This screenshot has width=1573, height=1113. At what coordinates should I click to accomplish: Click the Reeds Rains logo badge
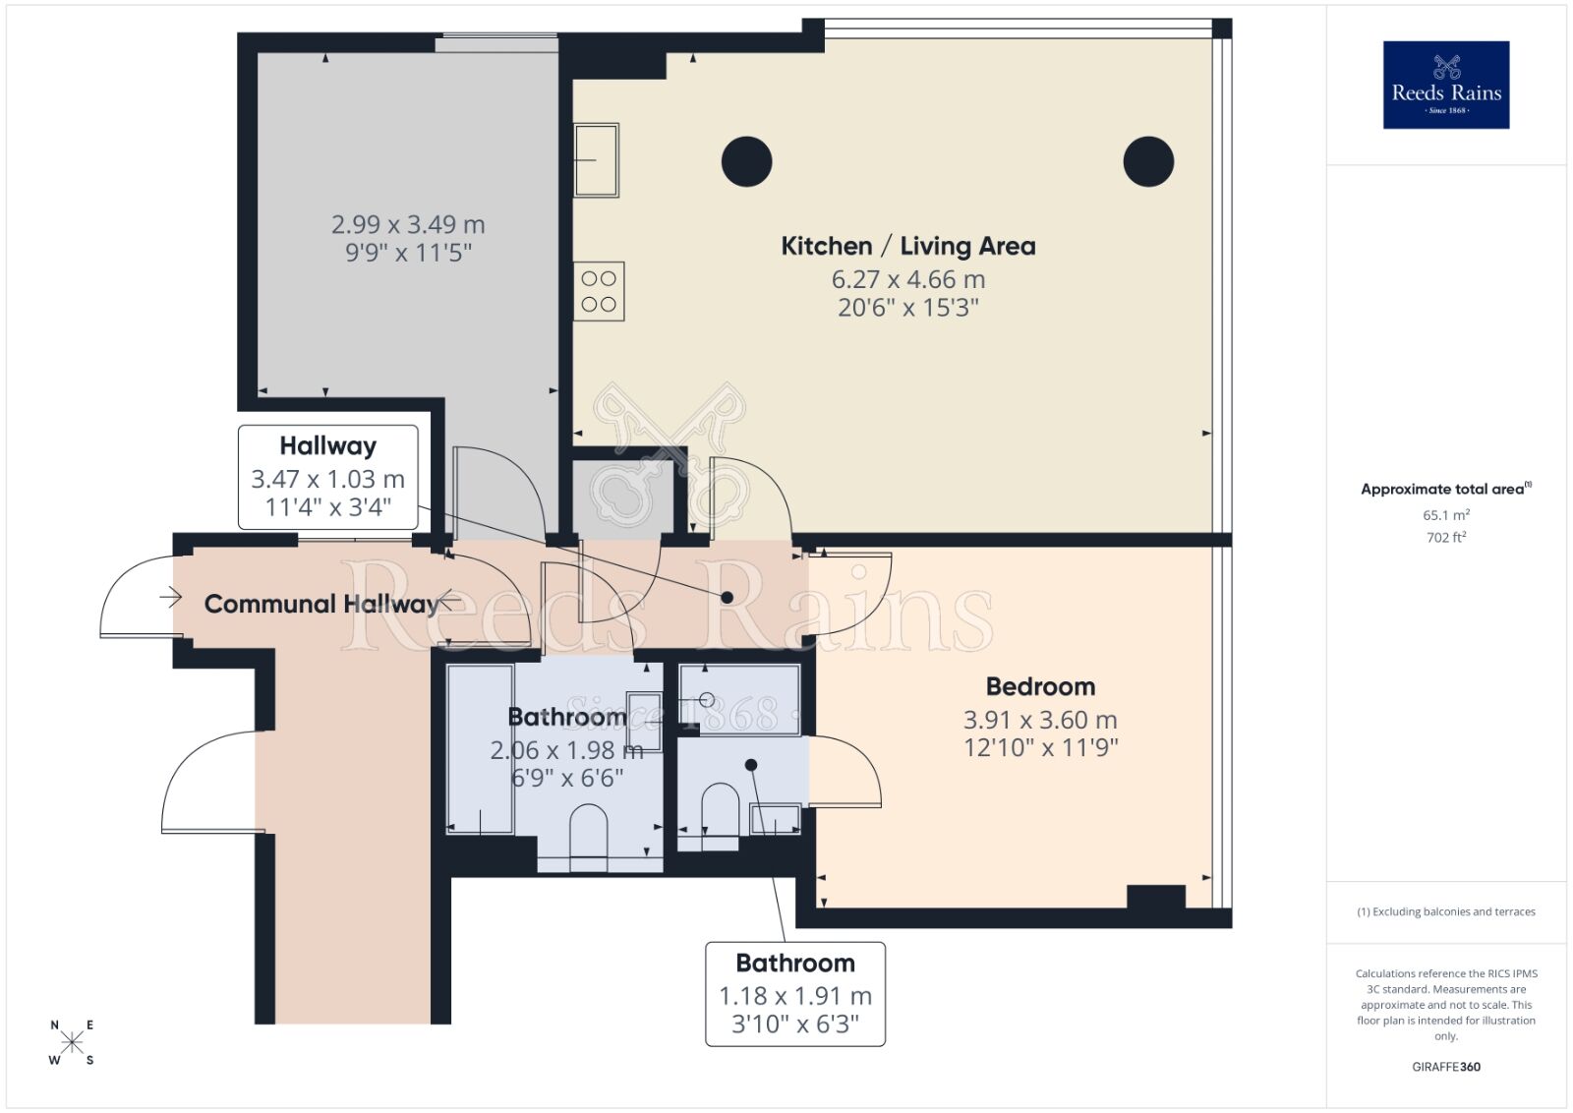pyautogui.click(x=1445, y=85)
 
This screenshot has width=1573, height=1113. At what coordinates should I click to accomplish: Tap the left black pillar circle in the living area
pyautogui.click(x=746, y=162)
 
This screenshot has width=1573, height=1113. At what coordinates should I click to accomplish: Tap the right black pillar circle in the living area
pyautogui.click(x=1148, y=162)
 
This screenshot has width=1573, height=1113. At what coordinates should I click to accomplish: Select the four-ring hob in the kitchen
pyautogui.click(x=599, y=291)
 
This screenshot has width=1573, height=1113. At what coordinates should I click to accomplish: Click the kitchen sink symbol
pyautogui.click(x=596, y=159)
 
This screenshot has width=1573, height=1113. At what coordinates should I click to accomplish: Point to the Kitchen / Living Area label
pyautogui.click(x=907, y=246)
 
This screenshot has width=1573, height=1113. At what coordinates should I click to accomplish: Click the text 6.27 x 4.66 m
pyautogui.click(x=907, y=279)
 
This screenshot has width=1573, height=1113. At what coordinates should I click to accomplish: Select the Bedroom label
pyautogui.click(x=1040, y=686)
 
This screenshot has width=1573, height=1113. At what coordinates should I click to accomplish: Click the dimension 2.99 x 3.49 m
pyautogui.click(x=408, y=224)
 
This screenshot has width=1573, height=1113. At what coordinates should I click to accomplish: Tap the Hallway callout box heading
pyautogui.click(x=327, y=445)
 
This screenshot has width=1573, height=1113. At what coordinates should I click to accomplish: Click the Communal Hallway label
pyautogui.click(x=320, y=604)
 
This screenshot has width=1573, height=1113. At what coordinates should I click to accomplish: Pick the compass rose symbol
pyautogui.click(x=72, y=1042)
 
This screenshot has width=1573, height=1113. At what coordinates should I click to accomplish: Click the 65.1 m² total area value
pyautogui.click(x=1445, y=514)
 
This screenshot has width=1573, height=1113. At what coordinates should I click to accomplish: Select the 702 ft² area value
pyautogui.click(x=1445, y=537)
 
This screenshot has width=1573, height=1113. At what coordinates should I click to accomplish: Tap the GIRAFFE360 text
pyautogui.click(x=1445, y=1067)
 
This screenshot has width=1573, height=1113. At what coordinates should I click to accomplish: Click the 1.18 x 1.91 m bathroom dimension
pyautogui.click(x=795, y=996)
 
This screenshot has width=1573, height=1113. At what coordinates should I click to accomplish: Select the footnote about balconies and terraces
pyautogui.click(x=1445, y=911)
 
